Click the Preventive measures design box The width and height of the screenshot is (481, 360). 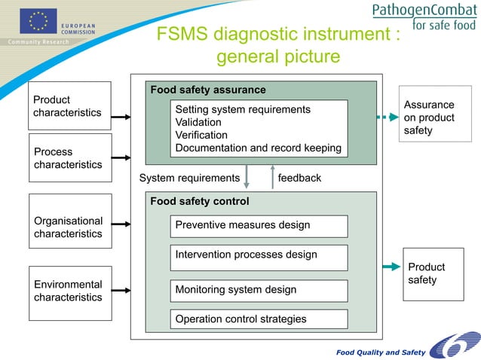[x=259, y=225]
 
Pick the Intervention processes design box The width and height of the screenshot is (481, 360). [x=259, y=257]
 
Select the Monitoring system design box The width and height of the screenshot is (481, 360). [x=259, y=290]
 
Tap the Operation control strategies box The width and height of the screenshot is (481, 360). [x=259, y=319]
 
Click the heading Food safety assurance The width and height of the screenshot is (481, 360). [x=208, y=90]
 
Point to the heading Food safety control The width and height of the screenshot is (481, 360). [x=200, y=201]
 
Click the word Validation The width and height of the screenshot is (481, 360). [x=198, y=122]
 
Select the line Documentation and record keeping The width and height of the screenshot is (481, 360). [x=258, y=148]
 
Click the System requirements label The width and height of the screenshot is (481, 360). [x=189, y=178]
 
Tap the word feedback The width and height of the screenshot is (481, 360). [x=299, y=178]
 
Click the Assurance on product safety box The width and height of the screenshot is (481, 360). [x=429, y=117]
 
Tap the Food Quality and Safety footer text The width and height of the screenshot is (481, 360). [x=381, y=352]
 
